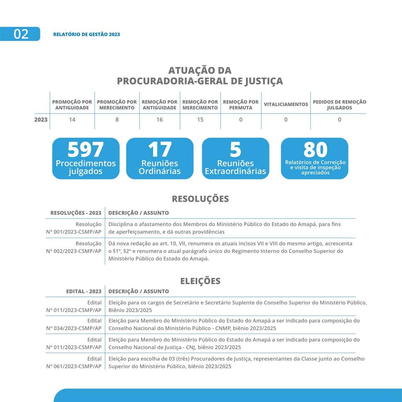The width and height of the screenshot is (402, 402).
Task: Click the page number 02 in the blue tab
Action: click(x=21, y=34)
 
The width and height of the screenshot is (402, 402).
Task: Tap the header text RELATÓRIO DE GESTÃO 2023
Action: click(x=86, y=34)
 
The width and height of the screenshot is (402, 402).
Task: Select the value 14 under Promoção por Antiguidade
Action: click(x=72, y=120)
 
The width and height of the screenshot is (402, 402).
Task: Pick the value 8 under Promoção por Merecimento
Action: click(x=117, y=120)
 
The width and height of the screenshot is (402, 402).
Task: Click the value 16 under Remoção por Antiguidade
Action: click(x=160, y=120)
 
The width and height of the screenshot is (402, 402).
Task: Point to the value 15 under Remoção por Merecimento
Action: click(x=200, y=120)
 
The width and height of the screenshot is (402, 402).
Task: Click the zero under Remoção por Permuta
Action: click(x=241, y=120)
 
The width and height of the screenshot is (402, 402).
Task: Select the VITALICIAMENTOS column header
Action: click(x=286, y=104)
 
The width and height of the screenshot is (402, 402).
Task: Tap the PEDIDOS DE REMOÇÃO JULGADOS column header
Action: click(x=339, y=105)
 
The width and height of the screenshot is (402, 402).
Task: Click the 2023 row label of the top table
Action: click(x=41, y=120)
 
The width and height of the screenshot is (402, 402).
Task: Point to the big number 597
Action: click(x=85, y=150)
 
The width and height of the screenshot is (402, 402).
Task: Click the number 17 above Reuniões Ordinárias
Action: click(x=160, y=150)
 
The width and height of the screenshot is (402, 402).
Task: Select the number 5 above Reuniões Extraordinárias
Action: click(x=235, y=150)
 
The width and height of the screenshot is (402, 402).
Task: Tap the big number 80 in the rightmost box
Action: click(x=315, y=150)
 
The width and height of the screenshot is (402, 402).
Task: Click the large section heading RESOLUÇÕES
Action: click(x=200, y=199)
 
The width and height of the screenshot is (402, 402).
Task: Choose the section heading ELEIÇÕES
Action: click(x=200, y=281)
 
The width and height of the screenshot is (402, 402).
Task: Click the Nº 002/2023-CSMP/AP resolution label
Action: click(x=74, y=251)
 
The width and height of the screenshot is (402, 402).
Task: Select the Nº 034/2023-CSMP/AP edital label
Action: click(x=74, y=328)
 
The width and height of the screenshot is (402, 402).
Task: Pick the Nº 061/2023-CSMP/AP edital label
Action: click(x=74, y=366)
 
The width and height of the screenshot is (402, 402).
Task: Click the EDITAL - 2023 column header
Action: click(x=84, y=291)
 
